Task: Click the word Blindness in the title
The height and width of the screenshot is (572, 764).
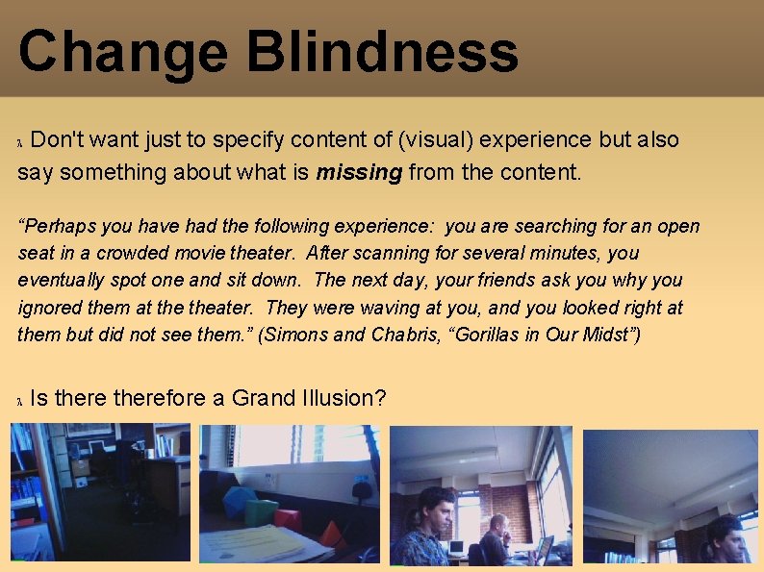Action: (384, 52)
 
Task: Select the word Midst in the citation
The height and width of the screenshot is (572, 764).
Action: (614, 335)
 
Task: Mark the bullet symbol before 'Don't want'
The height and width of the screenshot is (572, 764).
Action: (22, 142)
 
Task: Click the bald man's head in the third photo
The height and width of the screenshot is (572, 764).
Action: (498, 525)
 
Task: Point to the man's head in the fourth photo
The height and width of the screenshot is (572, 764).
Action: (726, 535)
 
